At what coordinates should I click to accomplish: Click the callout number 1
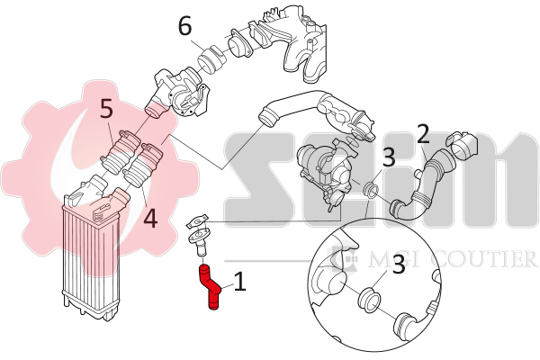tap(239, 282)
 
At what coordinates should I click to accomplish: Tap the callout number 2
tap(423, 134)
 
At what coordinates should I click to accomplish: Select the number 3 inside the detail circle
tap(399, 265)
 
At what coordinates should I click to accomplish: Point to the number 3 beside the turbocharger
tap(389, 157)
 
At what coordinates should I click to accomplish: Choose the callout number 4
tap(150, 219)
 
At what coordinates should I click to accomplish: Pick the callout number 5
tap(107, 109)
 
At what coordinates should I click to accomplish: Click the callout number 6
tap(185, 26)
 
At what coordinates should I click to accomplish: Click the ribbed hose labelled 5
tap(119, 151)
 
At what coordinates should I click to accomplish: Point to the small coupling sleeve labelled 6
tap(212, 60)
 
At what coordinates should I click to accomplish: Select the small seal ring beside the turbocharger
tap(371, 190)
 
